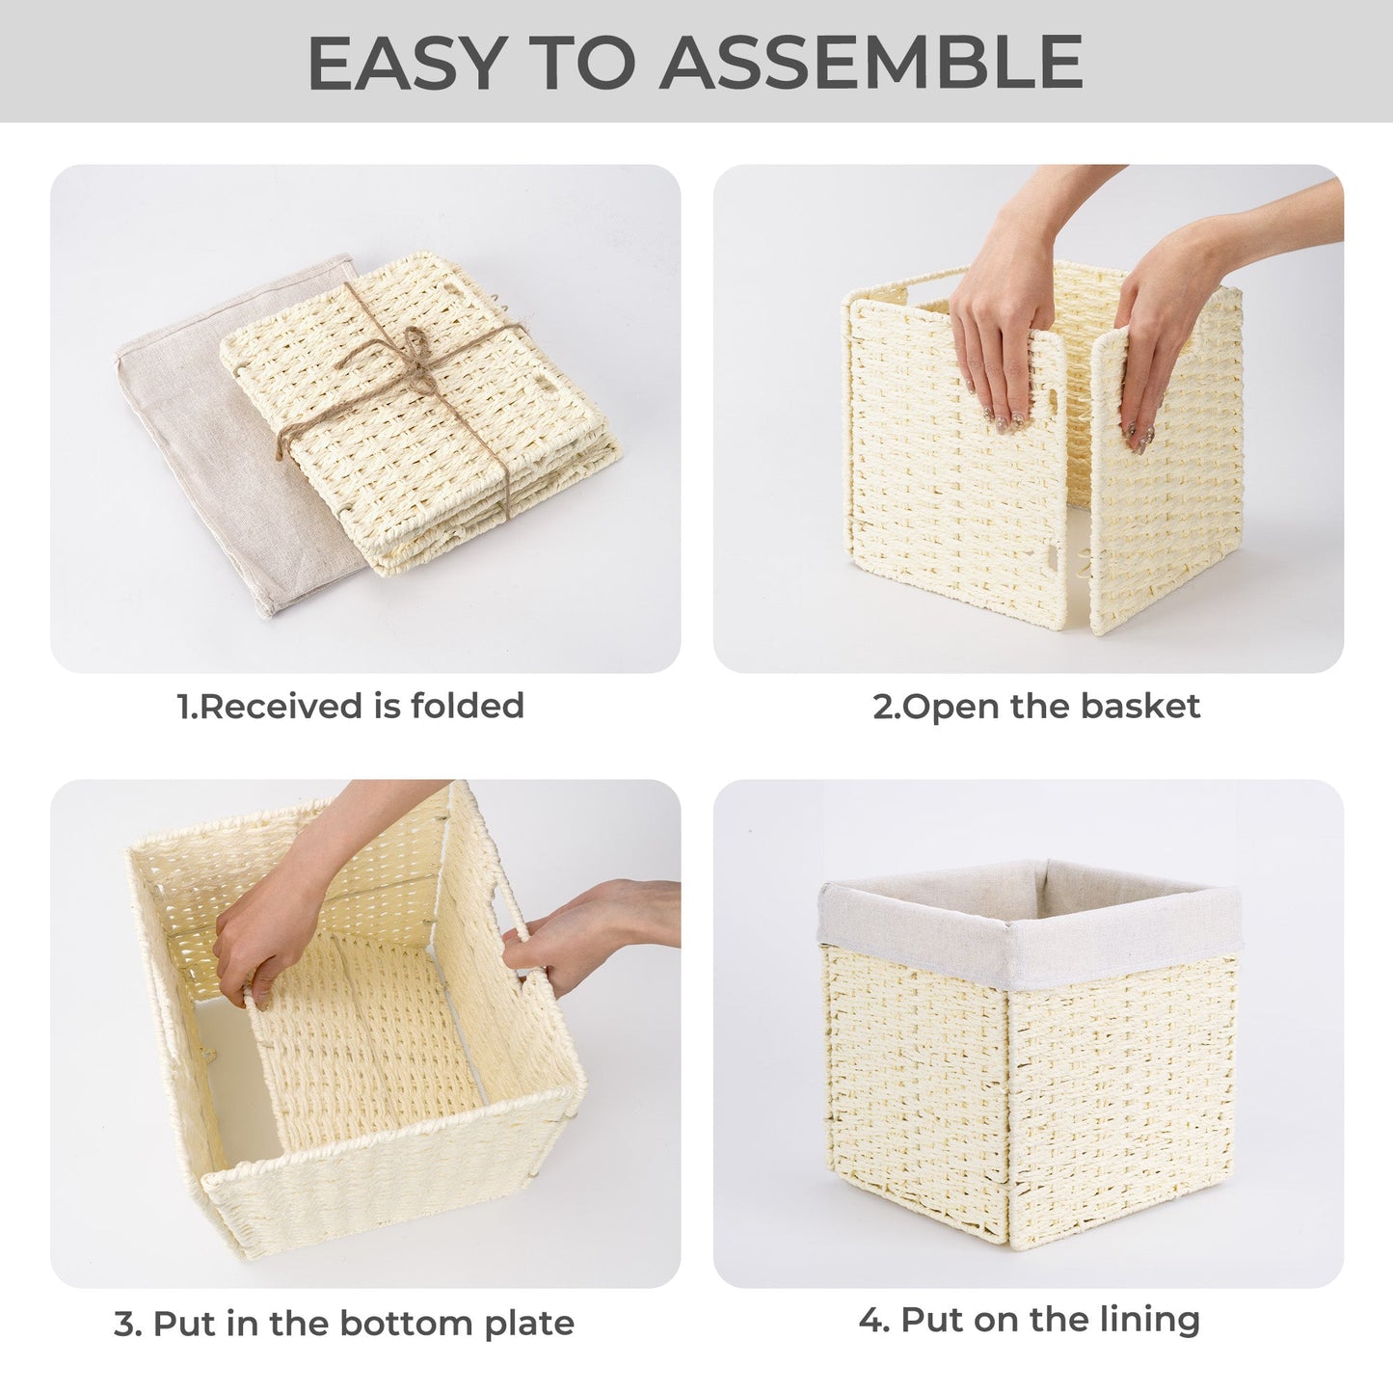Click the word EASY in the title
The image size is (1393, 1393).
(x=406, y=62)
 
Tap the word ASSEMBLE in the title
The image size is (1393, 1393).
(x=871, y=62)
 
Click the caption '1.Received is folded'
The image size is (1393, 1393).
(x=351, y=706)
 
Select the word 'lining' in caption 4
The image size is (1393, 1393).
(x=1151, y=1319)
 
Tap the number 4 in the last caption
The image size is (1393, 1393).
(x=871, y=1319)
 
